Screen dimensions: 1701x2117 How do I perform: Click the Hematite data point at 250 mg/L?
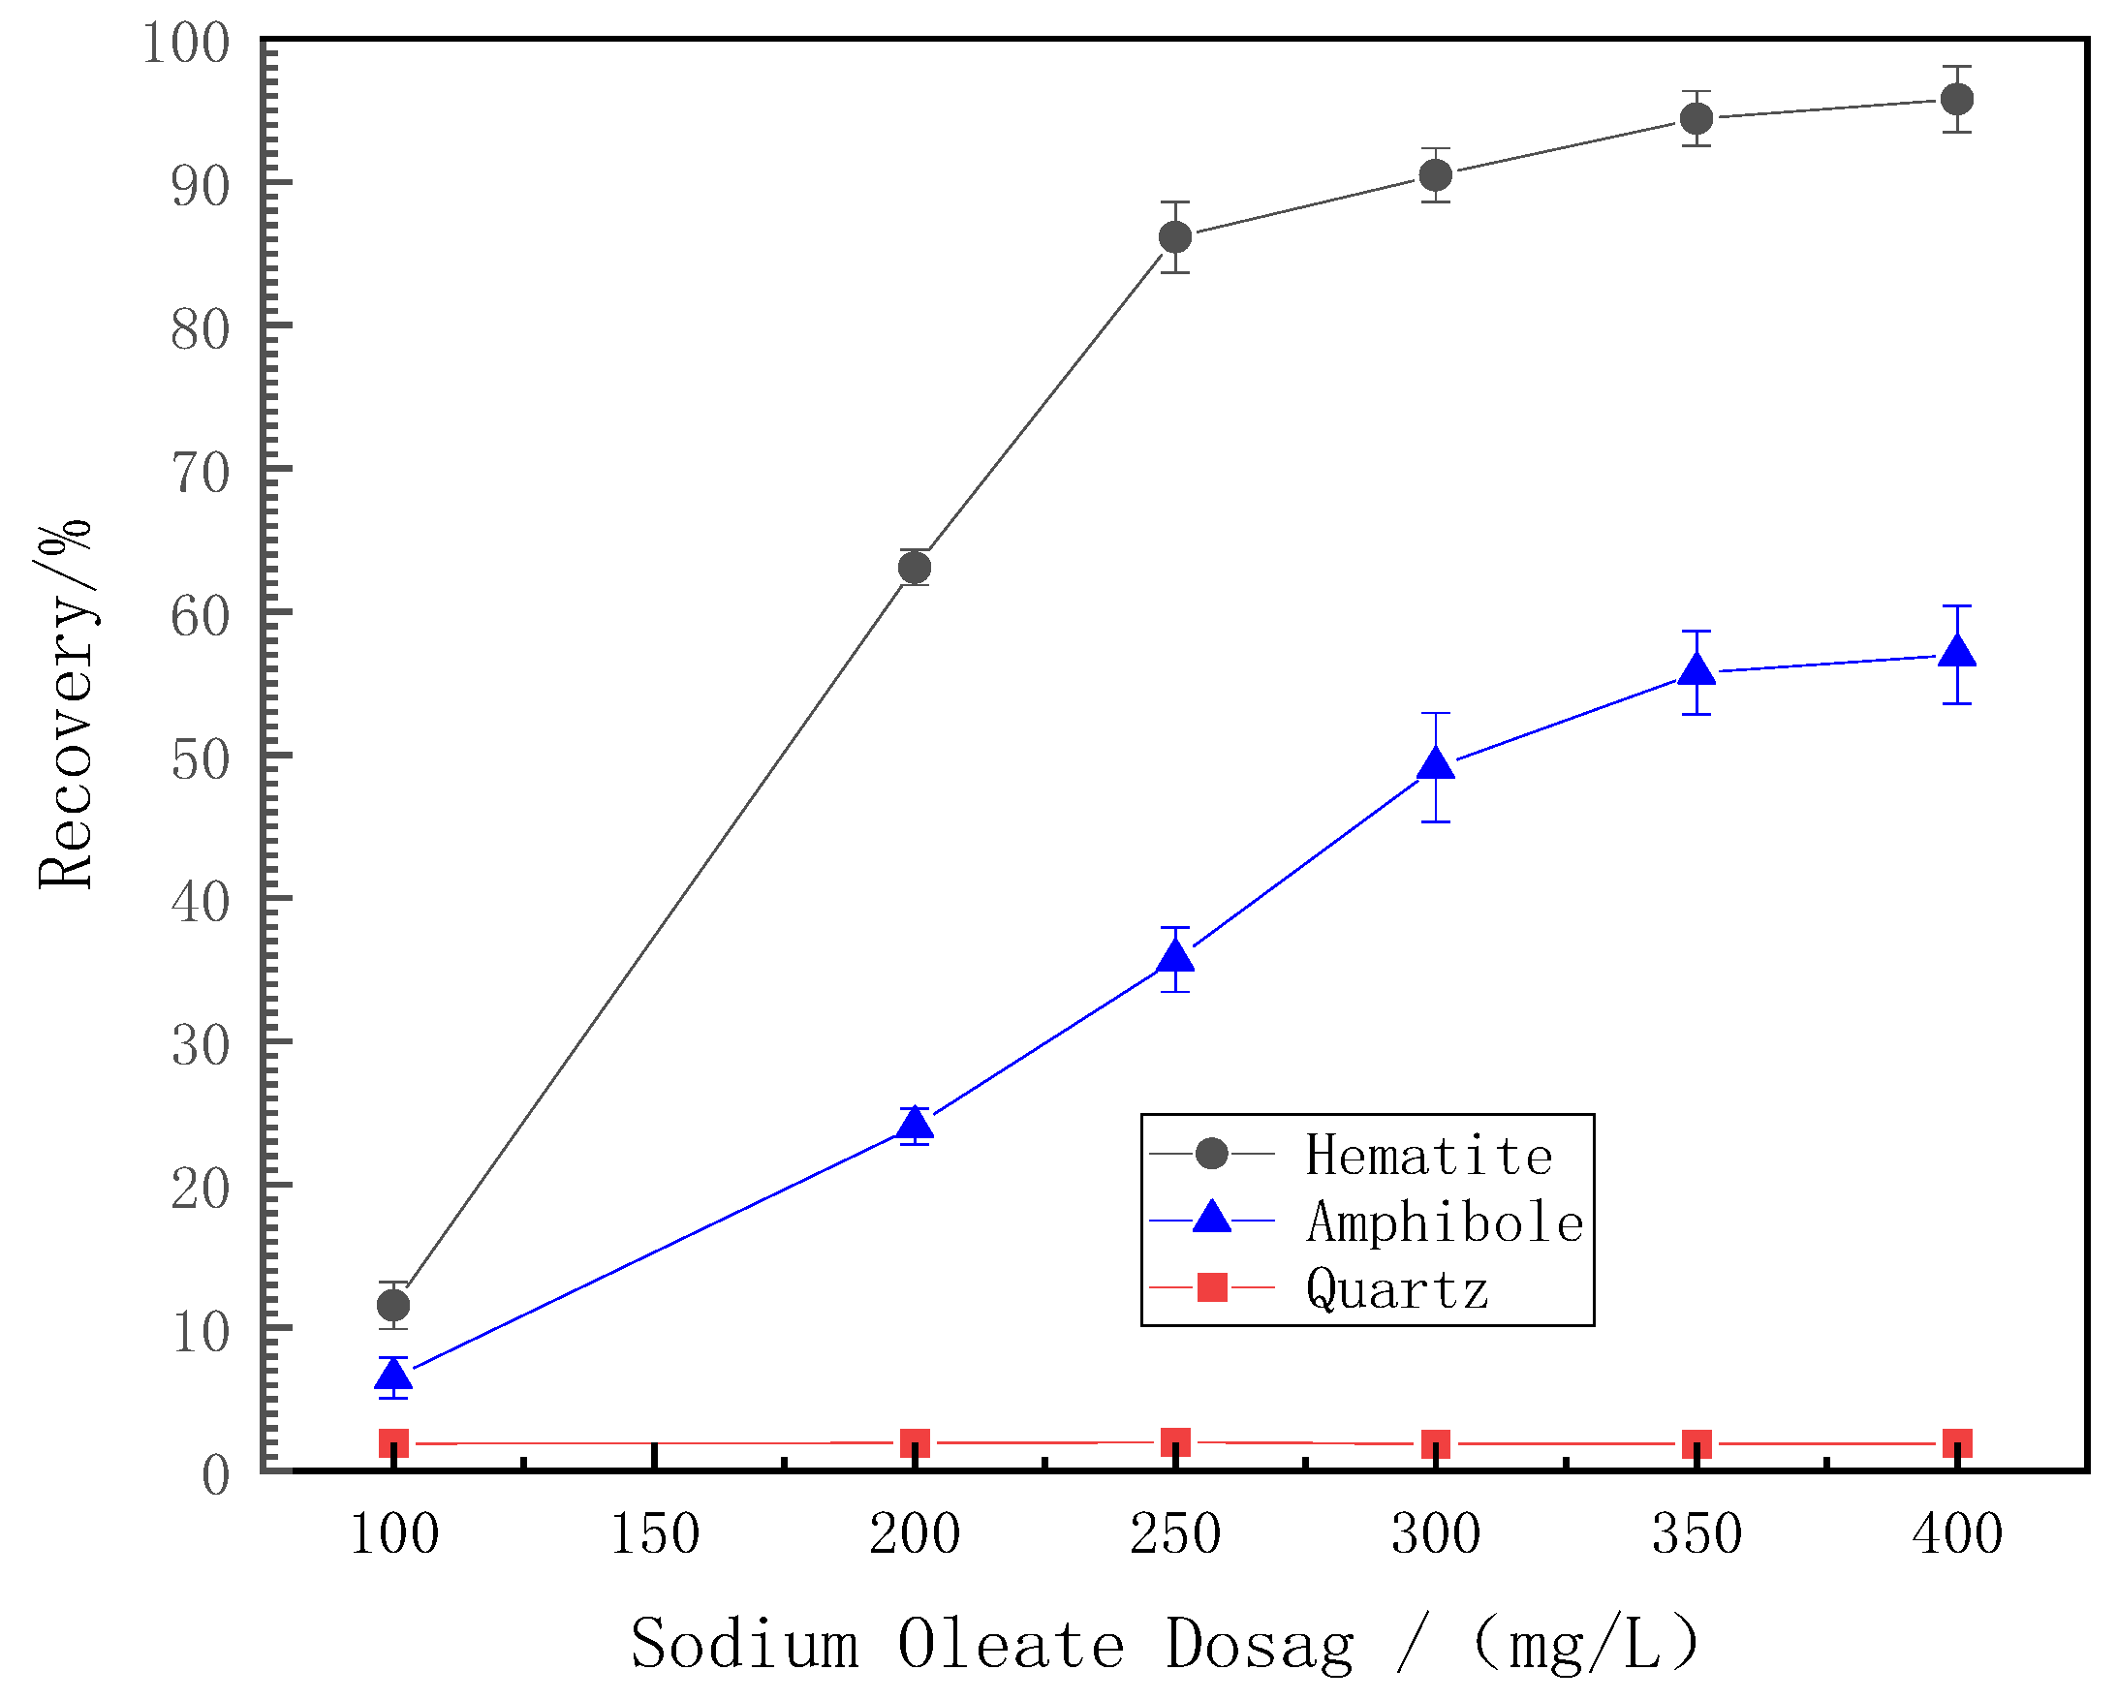tap(1175, 236)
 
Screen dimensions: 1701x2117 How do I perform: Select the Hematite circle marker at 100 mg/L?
tap(392, 1306)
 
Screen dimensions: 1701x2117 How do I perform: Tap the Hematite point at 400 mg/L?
tap(1957, 99)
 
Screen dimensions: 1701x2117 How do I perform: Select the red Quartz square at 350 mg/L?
tap(1697, 1445)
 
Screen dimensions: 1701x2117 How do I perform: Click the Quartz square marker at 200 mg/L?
tap(916, 1443)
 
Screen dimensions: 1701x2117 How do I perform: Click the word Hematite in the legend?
tap(1429, 1157)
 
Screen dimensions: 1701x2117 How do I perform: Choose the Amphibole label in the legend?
tap(1445, 1223)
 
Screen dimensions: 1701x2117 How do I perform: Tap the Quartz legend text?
tap(1396, 1289)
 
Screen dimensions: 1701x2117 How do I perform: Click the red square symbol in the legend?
tap(1213, 1286)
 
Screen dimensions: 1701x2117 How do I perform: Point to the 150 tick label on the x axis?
tap(655, 1534)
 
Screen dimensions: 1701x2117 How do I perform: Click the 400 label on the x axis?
tap(1957, 1534)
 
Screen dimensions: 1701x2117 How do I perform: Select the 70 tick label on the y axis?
tap(201, 473)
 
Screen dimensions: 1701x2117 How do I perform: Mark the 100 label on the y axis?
tap(187, 44)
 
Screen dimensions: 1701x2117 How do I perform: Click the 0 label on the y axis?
tap(216, 1476)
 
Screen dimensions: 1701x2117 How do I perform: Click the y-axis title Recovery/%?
tap(65, 704)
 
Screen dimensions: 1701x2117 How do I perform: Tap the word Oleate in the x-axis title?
tap(1011, 1644)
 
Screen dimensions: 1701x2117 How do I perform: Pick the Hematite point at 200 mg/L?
tap(916, 568)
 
